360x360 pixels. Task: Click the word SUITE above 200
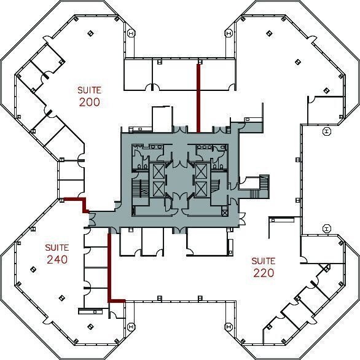click(x=89, y=90)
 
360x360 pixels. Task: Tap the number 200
click(x=89, y=102)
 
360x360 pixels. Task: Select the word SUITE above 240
click(x=57, y=247)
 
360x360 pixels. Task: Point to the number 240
click(x=57, y=259)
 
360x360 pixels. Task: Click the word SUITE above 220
click(x=264, y=261)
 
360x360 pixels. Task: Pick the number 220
click(x=264, y=273)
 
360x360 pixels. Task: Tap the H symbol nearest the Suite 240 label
click(x=130, y=326)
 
